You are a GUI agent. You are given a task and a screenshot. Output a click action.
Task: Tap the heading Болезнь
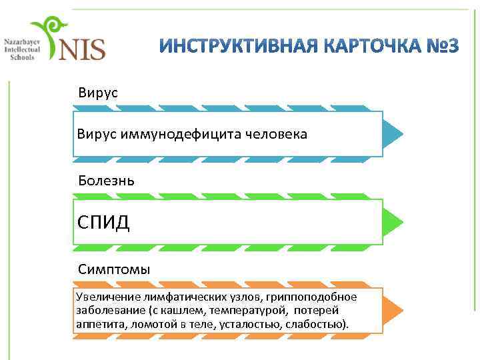pyautogui.click(x=107, y=181)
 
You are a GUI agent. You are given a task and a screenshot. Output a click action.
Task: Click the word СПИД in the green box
pyautogui.click(x=103, y=221)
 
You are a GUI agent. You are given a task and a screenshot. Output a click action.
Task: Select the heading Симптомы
pyautogui.click(x=114, y=269)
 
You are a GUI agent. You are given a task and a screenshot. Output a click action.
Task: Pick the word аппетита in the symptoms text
pyautogui.click(x=96, y=324)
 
